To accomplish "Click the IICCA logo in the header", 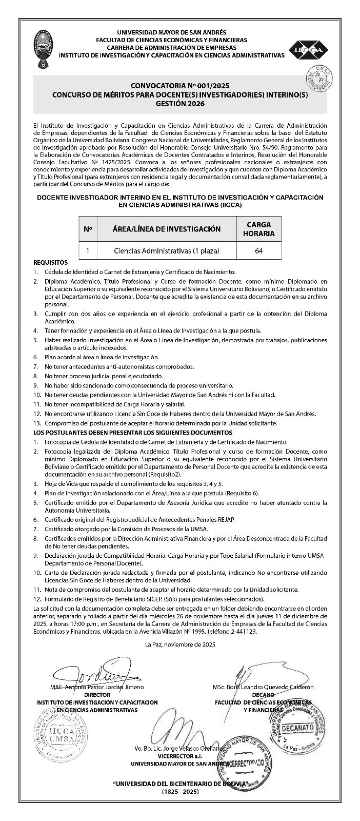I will [x=308, y=50].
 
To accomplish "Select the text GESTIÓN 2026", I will [x=179, y=104].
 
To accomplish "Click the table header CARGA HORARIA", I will [x=259, y=229].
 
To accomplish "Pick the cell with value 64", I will [x=259, y=251].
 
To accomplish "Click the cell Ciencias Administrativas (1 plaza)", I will [x=166, y=251].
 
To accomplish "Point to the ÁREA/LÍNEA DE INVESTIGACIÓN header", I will [x=166, y=229].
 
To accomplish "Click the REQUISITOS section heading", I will [x=50, y=262].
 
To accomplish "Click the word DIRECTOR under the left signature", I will [x=97, y=695].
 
